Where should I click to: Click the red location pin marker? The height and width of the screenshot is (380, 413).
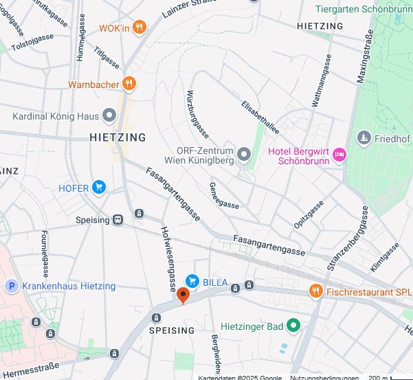pyautogui.click(x=183, y=295)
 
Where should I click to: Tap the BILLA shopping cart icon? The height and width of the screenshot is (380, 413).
pyautogui.click(x=192, y=281)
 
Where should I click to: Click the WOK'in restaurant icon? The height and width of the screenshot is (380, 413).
pyautogui.click(x=139, y=27)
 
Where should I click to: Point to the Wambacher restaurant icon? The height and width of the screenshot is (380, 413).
pyautogui.click(x=129, y=85)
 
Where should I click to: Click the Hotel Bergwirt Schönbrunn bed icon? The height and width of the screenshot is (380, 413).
pyautogui.click(x=339, y=156)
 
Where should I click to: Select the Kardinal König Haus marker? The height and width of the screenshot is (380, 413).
pyautogui.click(x=109, y=116)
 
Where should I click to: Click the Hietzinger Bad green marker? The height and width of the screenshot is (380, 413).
pyautogui.click(x=293, y=325)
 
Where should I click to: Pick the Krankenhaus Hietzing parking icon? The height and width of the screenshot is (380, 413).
pyautogui.click(x=11, y=286)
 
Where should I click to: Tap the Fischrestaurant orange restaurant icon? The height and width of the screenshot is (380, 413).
pyautogui.click(x=315, y=291)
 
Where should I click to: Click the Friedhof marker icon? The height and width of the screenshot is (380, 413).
pyautogui.click(x=364, y=138)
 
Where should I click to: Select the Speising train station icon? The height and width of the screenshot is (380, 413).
pyautogui.click(x=119, y=220)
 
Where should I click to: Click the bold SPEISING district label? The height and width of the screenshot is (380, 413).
pyautogui.click(x=168, y=331)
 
